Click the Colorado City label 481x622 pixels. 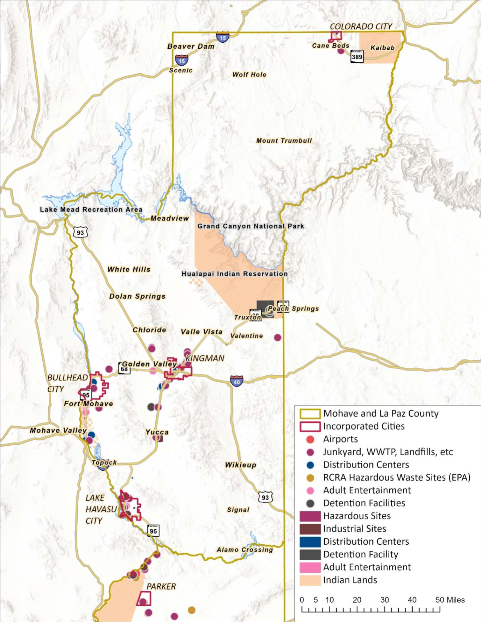point(361,26)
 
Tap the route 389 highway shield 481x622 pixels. point(357,56)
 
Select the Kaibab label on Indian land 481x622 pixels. point(382,48)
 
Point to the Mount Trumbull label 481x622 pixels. point(284,141)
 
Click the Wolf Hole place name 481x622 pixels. point(249,74)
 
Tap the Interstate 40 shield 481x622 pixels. point(236,381)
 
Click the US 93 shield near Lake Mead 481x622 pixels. point(80,232)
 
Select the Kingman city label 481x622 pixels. point(205,358)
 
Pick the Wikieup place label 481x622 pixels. point(241,465)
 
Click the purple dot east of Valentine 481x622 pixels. point(278,337)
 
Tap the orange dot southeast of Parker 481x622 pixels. point(192,610)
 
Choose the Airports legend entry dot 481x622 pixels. point(310,439)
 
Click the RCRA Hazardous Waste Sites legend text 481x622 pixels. point(397,477)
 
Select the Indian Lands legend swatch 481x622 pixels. point(310,580)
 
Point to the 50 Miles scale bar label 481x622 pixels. point(450,600)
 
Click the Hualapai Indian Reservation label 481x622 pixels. point(234,274)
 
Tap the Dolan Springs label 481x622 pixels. point(137,296)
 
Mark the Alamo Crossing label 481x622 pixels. point(245,549)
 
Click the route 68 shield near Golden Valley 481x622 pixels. point(124,369)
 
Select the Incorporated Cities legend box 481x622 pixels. point(310,426)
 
